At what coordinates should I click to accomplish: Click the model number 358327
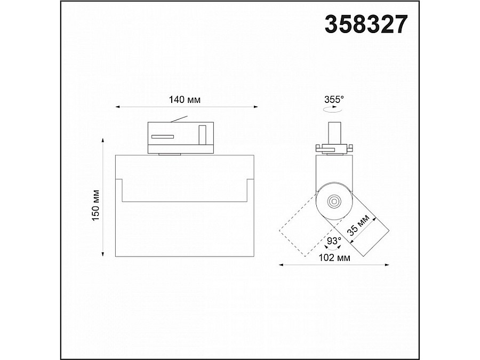tap(366, 24)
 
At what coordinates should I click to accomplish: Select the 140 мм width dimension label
tap(185, 100)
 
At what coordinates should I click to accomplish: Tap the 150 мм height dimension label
tap(96, 205)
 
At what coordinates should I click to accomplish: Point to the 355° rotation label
tap(334, 100)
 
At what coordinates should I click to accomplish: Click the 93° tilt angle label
tap(334, 241)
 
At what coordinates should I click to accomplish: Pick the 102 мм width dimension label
tap(334, 258)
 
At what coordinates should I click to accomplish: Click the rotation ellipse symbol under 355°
tap(333, 109)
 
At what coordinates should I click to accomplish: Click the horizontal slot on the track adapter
tap(162, 137)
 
